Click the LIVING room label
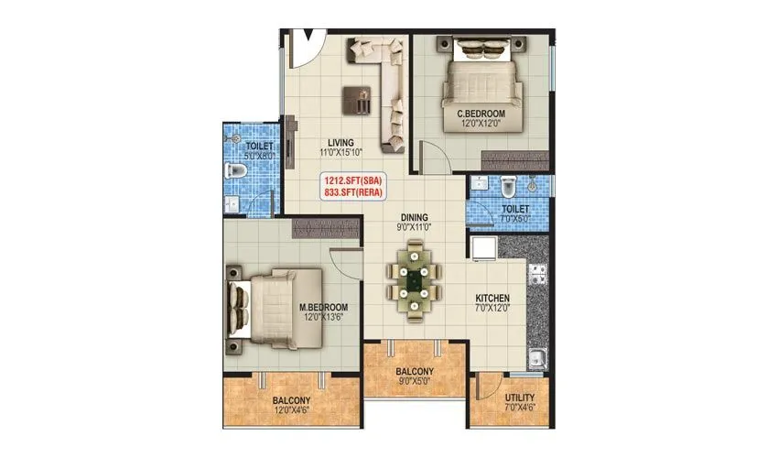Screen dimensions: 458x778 (x=341, y=142)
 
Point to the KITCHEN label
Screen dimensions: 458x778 (x=492, y=299)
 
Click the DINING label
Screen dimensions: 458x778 (x=415, y=218)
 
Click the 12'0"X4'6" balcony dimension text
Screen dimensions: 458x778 (x=291, y=414)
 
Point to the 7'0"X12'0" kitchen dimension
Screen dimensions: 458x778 (x=492, y=311)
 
